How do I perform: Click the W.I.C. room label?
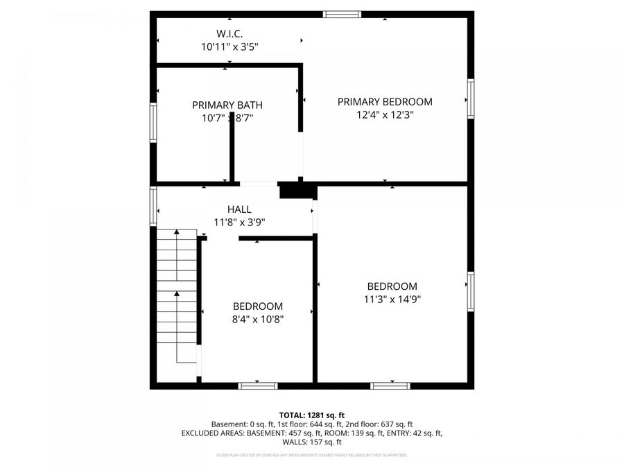pos(229,33)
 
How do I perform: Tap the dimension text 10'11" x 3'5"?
pos(229,46)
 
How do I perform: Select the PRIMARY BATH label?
pos(227,105)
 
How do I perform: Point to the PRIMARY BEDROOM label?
pos(385,102)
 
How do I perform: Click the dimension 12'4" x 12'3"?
pos(385,115)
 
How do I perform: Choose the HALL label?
pos(239,209)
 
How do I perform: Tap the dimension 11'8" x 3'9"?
pos(239,223)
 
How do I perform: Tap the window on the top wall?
pos(342,14)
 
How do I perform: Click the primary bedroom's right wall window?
pos(471,99)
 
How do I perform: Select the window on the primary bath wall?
pos(153,122)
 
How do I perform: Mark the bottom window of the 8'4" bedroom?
pos(258,385)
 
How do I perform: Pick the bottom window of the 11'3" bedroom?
pos(390,385)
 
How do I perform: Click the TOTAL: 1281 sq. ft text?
pos(312,413)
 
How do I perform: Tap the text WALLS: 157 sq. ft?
pos(312,442)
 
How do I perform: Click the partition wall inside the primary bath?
pos(232,155)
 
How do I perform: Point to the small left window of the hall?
pos(153,206)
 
